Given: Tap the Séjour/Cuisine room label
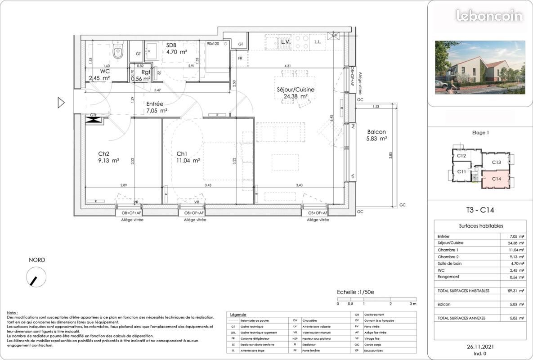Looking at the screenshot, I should coord(295,93).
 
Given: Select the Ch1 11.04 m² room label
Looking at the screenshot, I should coord(188,157).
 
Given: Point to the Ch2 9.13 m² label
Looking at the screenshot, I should coord(108,157).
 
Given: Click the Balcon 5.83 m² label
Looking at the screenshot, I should coord(376,135).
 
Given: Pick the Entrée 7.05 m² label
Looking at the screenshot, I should coord(157,107).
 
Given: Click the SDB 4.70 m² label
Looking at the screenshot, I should coord(175,49).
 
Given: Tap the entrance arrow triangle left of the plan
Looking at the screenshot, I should coord(61,103).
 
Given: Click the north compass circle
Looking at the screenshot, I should coord(36,277).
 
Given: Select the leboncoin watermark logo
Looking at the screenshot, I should coord(489,16).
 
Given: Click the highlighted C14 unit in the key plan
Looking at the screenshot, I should coord(496,179).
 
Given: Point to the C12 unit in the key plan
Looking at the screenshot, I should coord(461,156).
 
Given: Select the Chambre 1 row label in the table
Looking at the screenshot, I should coord(448,250).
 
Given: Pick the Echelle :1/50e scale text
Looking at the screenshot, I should coord(356,292).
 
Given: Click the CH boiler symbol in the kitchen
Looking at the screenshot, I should coord(334,36).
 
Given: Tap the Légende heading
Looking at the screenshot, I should coord(238,315).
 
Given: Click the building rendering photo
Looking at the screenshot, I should coord(480,67).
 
